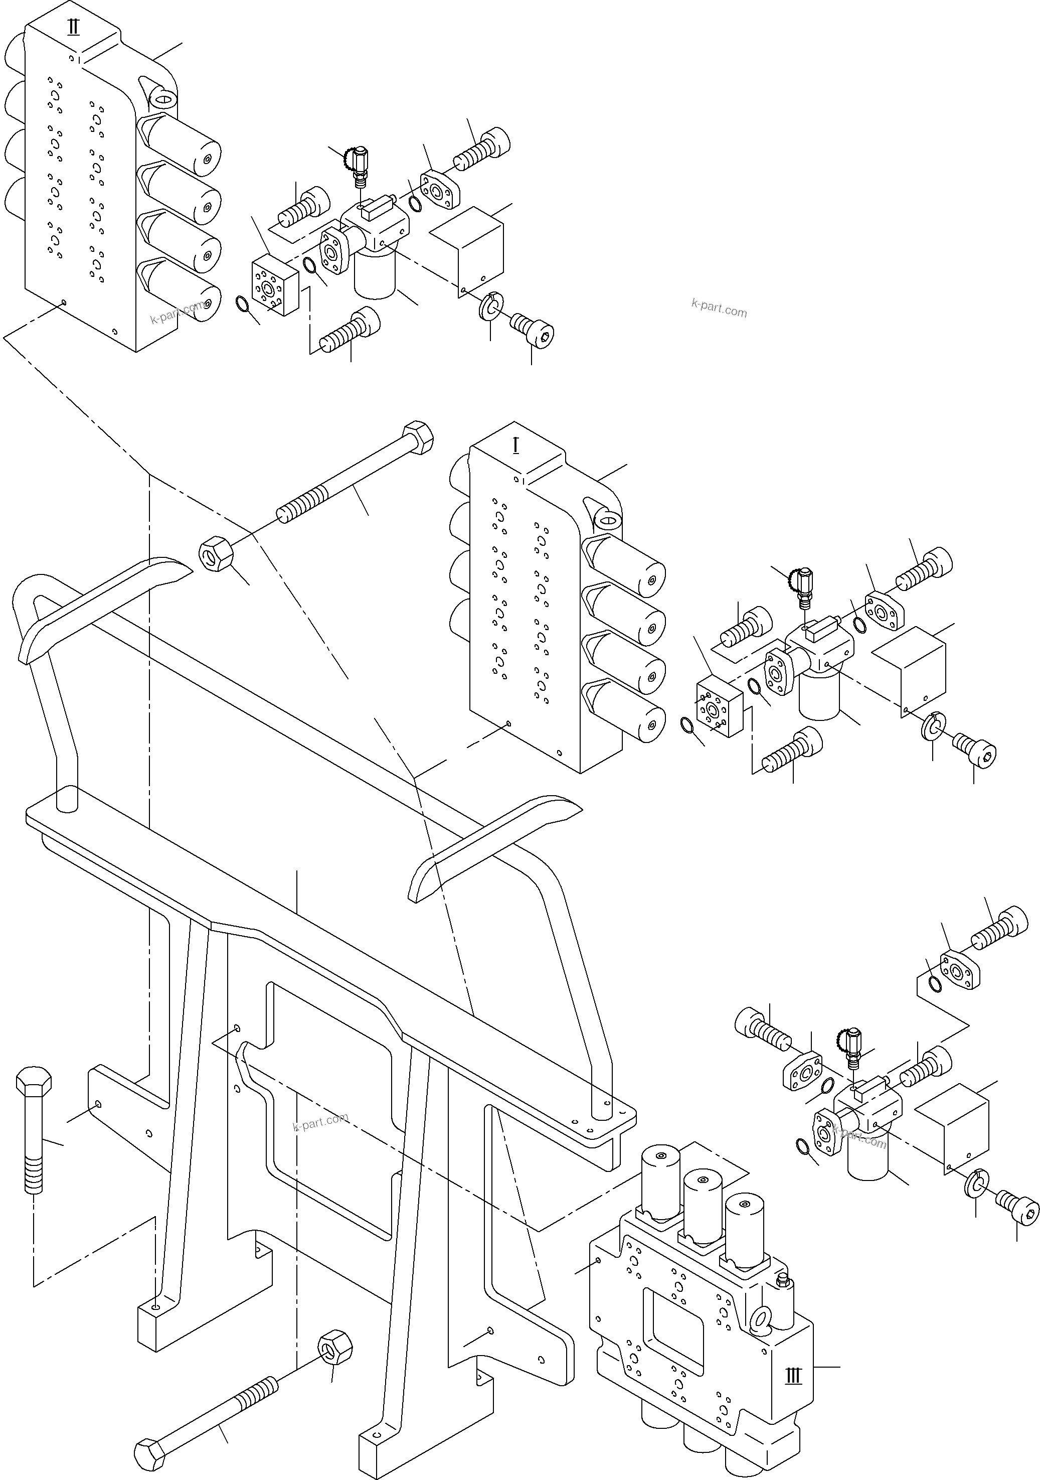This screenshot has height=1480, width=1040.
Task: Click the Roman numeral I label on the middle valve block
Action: [515, 445]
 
